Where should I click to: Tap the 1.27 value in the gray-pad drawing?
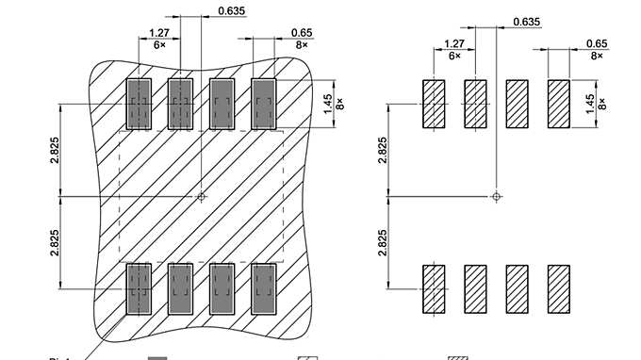159,32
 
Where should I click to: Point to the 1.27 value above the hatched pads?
454,43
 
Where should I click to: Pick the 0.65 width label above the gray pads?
302,32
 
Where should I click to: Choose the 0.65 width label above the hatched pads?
596,43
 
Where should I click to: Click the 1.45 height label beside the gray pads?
327,101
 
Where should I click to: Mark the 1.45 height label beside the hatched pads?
590,103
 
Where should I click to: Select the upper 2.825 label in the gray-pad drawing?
54,148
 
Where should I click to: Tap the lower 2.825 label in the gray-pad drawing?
54,243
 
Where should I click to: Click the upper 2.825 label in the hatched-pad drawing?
382,149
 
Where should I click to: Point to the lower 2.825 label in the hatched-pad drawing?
382,243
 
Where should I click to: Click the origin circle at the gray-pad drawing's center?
201,197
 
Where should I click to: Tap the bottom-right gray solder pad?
264,288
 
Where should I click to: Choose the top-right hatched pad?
559,104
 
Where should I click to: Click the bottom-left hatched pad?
434,288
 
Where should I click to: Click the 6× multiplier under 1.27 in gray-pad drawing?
159,44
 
